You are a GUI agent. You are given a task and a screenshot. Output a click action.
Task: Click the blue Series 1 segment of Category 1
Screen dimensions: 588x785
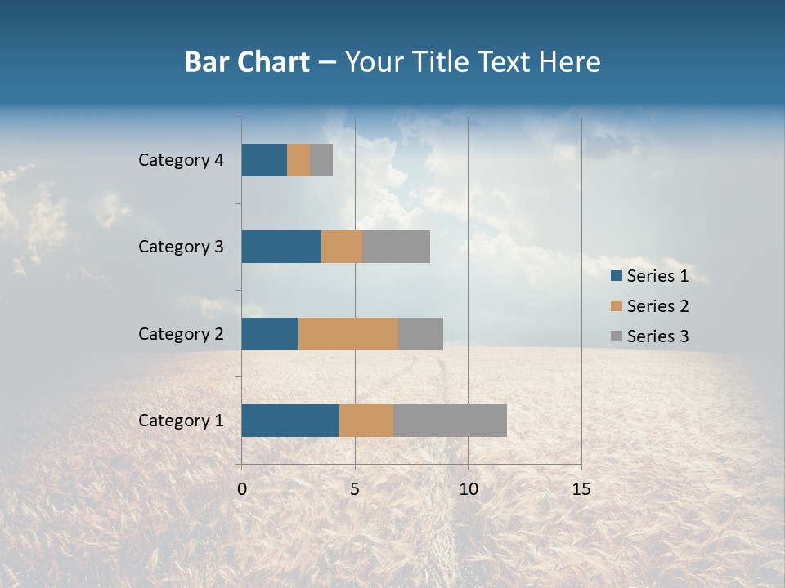tap(290, 420)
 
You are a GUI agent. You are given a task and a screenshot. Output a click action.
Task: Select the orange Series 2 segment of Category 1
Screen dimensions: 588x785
tap(366, 420)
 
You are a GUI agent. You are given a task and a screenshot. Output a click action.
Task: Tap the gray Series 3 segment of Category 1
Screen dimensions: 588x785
tap(450, 420)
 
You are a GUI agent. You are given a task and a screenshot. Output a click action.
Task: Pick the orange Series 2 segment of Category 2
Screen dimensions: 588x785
tap(348, 333)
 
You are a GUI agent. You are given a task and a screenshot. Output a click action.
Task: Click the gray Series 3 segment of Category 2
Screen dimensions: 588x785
tap(420, 333)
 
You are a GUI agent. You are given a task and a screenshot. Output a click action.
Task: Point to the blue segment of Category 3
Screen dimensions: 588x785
tap(281, 247)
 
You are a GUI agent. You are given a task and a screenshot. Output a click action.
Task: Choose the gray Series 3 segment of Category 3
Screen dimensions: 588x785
tap(396, 247)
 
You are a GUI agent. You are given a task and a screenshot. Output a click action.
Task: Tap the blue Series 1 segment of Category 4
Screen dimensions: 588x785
tap(264, 160)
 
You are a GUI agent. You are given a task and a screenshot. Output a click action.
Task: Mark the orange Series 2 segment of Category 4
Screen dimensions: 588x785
tap(298, 160)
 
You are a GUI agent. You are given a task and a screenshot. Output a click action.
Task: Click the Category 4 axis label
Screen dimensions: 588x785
tap(181, 160)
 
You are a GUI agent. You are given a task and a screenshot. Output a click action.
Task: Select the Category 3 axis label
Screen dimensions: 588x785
tap(181, 247)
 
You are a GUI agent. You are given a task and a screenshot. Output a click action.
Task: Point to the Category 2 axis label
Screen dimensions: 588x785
tap(181, 333)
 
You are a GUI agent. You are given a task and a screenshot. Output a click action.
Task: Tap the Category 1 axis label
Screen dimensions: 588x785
tap(181, 421)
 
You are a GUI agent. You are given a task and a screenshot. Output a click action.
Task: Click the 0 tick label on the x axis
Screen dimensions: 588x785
tap(242, 489)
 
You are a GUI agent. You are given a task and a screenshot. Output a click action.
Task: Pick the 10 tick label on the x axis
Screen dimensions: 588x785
tap(468, 489)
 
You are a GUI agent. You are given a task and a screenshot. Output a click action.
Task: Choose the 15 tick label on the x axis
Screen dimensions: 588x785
tap(581, 489)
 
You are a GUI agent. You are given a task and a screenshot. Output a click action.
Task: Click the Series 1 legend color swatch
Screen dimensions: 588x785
tap(617, 276)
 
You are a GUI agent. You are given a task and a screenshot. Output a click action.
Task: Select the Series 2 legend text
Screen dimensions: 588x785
tap(657, 306)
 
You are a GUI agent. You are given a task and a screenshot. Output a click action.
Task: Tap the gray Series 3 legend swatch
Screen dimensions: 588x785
tap(617, 336)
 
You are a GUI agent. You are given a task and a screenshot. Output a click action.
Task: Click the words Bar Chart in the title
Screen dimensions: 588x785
tap(247, 62)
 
